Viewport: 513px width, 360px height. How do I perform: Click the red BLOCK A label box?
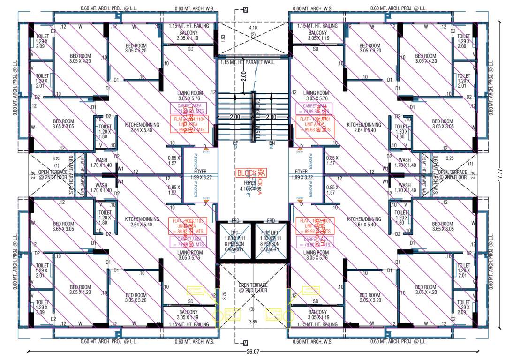point(251,172)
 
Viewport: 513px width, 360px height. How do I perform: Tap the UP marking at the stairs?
point(236,143)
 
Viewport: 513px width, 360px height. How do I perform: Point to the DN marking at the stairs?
point(271,143)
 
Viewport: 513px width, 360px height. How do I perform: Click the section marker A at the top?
point(245,9)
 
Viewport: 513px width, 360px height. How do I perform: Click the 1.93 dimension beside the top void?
point(223,37)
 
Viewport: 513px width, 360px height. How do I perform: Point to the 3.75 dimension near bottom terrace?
point(225,295)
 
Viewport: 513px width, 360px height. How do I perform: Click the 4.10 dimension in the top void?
point(253,28)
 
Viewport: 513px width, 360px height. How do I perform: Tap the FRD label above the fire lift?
point(271,220)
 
